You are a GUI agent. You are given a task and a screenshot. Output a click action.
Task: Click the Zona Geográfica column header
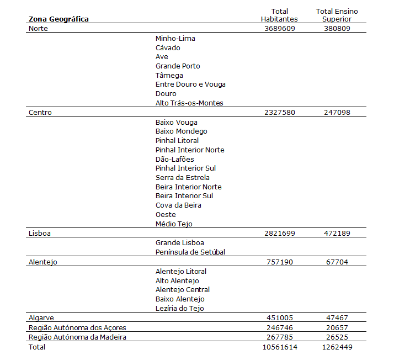58,19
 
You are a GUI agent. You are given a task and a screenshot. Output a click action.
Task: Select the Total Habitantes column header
279,15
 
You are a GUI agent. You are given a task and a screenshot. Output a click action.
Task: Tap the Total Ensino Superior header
337,15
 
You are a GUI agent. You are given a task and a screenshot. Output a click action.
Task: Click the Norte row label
38,29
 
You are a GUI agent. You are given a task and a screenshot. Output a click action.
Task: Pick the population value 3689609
279,29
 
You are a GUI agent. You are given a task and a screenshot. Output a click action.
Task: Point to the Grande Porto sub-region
178,66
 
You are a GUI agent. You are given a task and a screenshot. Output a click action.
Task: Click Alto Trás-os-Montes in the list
189,103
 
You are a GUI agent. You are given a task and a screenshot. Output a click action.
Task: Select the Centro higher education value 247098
337,113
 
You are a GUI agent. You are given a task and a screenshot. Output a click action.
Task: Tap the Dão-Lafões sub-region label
175,160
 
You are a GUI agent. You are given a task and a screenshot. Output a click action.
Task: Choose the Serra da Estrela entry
183,178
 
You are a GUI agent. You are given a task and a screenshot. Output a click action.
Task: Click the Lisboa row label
39,234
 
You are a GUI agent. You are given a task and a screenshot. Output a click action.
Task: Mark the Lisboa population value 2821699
279,234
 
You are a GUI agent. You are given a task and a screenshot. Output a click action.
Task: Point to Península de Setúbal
190,252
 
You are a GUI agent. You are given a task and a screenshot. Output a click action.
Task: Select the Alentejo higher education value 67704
337,262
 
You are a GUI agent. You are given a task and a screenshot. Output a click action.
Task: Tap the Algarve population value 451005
279,318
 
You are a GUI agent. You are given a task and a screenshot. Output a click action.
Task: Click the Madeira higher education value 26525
337,337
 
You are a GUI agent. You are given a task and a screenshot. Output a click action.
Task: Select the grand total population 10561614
279,347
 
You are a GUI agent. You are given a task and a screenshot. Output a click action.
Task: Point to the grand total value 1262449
337,347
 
